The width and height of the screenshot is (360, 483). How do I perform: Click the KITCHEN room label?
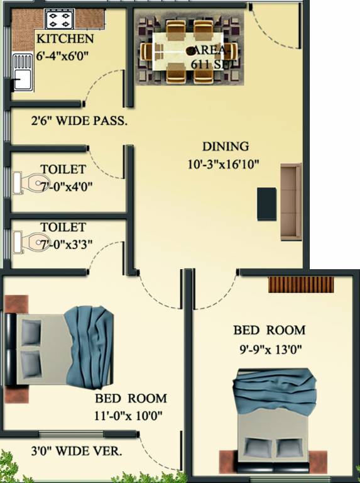tap(65, 39)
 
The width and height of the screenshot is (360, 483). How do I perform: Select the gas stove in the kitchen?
tap(59, 20)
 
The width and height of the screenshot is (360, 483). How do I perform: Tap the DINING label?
tap(225, 147)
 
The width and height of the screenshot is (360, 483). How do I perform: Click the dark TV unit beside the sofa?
tap(266, 203)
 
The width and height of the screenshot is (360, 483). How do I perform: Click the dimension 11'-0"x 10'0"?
tap(131, 414)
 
